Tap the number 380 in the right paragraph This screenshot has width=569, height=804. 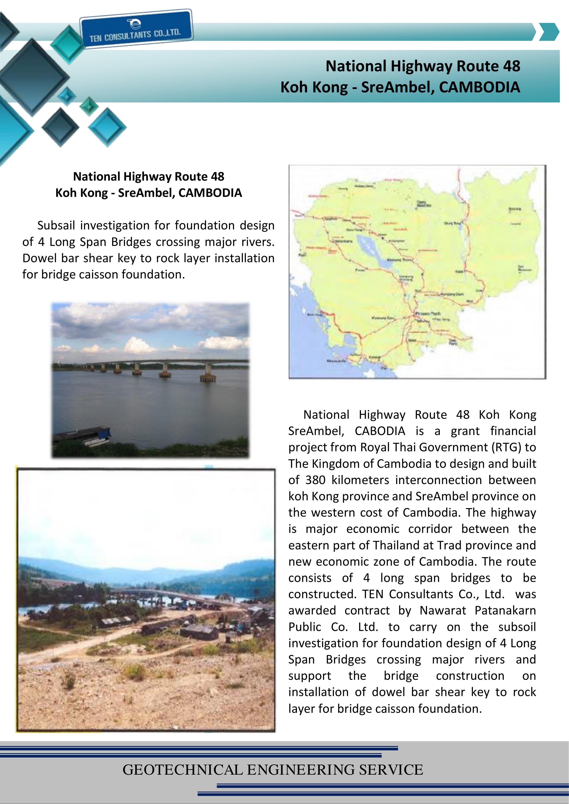[315, 480]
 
